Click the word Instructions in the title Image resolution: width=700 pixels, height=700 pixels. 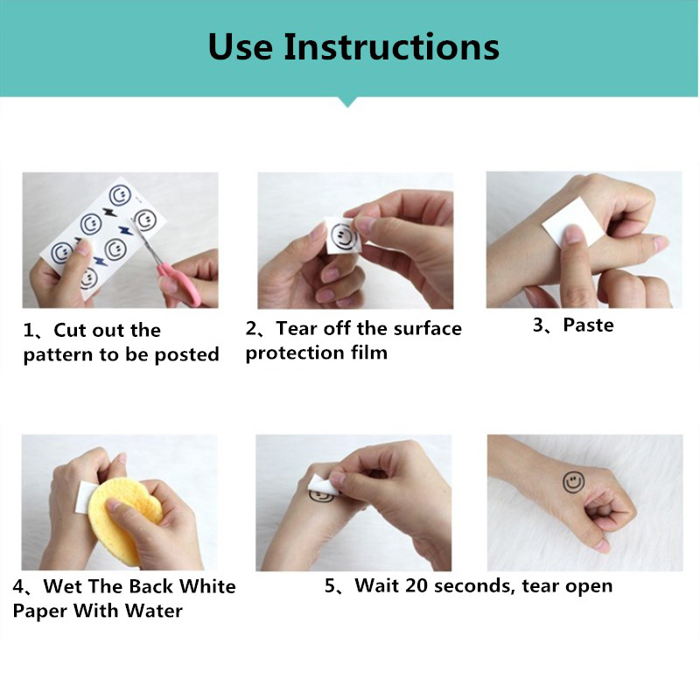pos(391,47)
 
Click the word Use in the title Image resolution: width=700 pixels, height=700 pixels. pos(240,47)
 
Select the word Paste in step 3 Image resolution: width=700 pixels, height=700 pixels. pos(588,325)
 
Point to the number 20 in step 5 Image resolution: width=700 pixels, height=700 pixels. pos(416,585)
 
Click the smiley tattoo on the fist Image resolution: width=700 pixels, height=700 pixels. pos(574,482)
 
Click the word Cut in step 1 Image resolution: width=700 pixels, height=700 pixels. pos(70,331)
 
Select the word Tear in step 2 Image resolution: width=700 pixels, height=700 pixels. pos(297,329)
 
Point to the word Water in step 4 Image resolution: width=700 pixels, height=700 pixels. pos(154,611)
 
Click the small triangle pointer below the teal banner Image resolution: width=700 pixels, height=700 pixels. pos(347,101)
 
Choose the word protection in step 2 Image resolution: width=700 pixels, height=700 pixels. pos(294,353)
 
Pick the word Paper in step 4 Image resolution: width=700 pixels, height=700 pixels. pos(40,611)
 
